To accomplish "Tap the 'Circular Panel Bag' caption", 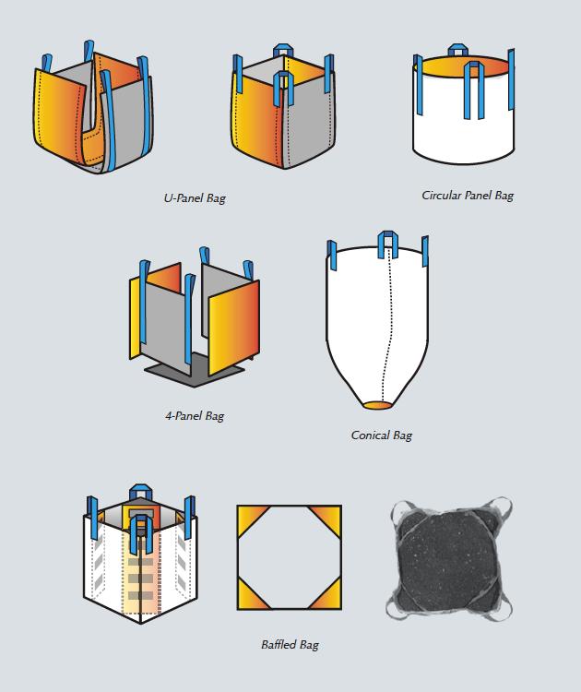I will pyautogui.click(x=468, y=195).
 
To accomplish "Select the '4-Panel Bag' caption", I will pyautogui.click(x=194, y=416).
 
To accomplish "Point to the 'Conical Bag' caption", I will pyautogui.click(x=381, y=435).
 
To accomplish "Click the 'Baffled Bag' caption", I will pyautogui.click(x=290, y=644).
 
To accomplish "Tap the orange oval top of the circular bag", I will pyautogui.click(x=460, y=68).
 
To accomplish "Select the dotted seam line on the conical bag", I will pyautogui.click(x=385, y=323).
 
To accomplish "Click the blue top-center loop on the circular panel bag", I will pyautogui.click(x=457, y=50).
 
